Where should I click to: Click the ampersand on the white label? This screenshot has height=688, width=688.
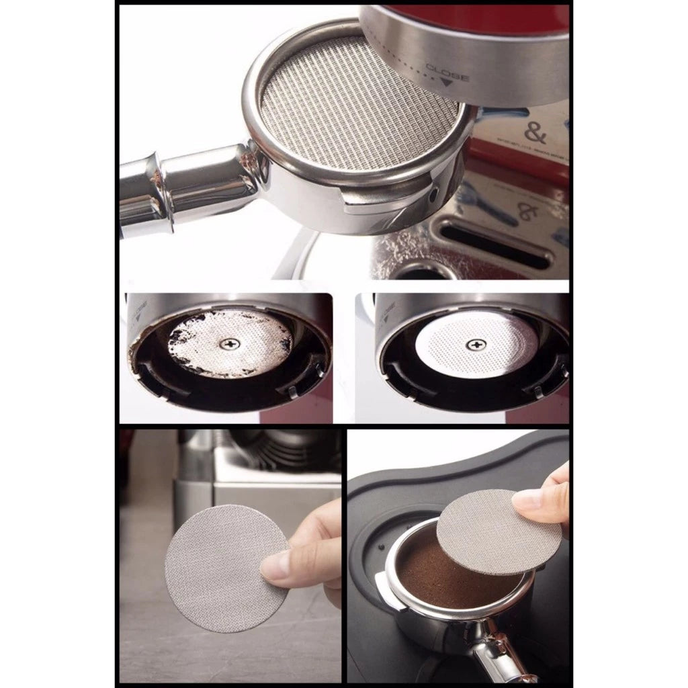pos(535,133)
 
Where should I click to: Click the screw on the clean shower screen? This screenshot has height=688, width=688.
pos(478,345)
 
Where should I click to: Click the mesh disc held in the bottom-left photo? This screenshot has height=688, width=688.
pos(222,568)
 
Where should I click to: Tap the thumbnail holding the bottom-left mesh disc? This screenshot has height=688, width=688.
pos(275,568)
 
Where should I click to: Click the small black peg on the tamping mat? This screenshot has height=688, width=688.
pos(382,546)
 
